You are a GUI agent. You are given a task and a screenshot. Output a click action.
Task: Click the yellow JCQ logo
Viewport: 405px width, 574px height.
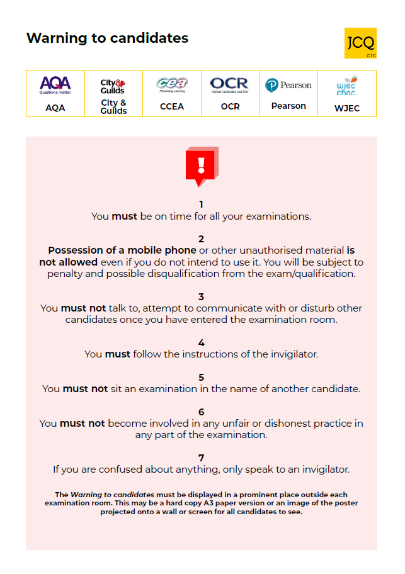tap(360, 43)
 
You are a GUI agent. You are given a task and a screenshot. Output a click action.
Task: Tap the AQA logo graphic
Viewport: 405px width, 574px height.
tap(55, 85)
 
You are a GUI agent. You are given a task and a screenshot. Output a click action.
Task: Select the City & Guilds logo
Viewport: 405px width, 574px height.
tap(113, 86)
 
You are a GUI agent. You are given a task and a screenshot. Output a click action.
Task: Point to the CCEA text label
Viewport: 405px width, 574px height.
tap(172, 106)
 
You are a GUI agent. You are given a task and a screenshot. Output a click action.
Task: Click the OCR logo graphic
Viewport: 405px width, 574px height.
tap(230, 85)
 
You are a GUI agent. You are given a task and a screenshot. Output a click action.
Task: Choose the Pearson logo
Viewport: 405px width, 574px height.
tap(288, 85)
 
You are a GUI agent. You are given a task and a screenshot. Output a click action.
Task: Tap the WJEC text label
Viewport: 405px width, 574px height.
tap(347, 108)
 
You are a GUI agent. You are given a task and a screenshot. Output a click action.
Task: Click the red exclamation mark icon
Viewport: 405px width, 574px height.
tap(202, 166)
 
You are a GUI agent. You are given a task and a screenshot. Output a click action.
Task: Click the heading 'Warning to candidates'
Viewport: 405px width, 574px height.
tap(107, 38)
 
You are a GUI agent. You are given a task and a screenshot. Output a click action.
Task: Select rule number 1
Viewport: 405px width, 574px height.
tap(202, 204)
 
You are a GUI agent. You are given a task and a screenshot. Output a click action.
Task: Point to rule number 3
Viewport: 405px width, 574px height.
tap(202, 296)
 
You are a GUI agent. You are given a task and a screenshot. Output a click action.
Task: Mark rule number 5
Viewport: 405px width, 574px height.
tap(202, 377)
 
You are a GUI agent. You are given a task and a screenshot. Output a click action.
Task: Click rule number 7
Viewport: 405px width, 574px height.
tap(202, 458)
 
